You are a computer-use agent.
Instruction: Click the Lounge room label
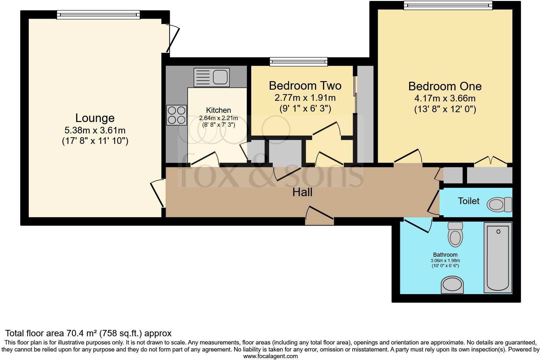[95, 118]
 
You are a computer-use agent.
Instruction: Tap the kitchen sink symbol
[212, 77]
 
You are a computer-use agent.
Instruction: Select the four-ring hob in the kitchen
[177, 115]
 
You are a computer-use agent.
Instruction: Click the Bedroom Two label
[305, 86]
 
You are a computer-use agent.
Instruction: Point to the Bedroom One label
[445, 86]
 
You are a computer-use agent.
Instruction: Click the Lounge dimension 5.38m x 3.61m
[95, 130]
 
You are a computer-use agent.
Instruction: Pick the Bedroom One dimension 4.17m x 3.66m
[445, 98]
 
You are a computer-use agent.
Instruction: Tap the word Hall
[302, 192]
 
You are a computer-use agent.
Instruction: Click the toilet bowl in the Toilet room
[499, 204]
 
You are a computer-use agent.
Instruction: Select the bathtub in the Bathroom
[498, 257]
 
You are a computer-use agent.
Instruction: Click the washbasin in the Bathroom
[452, 284]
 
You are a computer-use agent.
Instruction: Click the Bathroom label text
[445, 254]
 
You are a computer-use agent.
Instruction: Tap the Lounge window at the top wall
[98, 14]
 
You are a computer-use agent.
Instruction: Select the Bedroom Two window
[298, 61]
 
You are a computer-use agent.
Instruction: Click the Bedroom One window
[448, 5]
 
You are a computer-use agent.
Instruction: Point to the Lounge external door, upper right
[173, 40]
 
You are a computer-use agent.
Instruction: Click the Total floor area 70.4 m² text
[88, 333]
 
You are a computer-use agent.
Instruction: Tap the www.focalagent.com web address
[270, 356]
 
